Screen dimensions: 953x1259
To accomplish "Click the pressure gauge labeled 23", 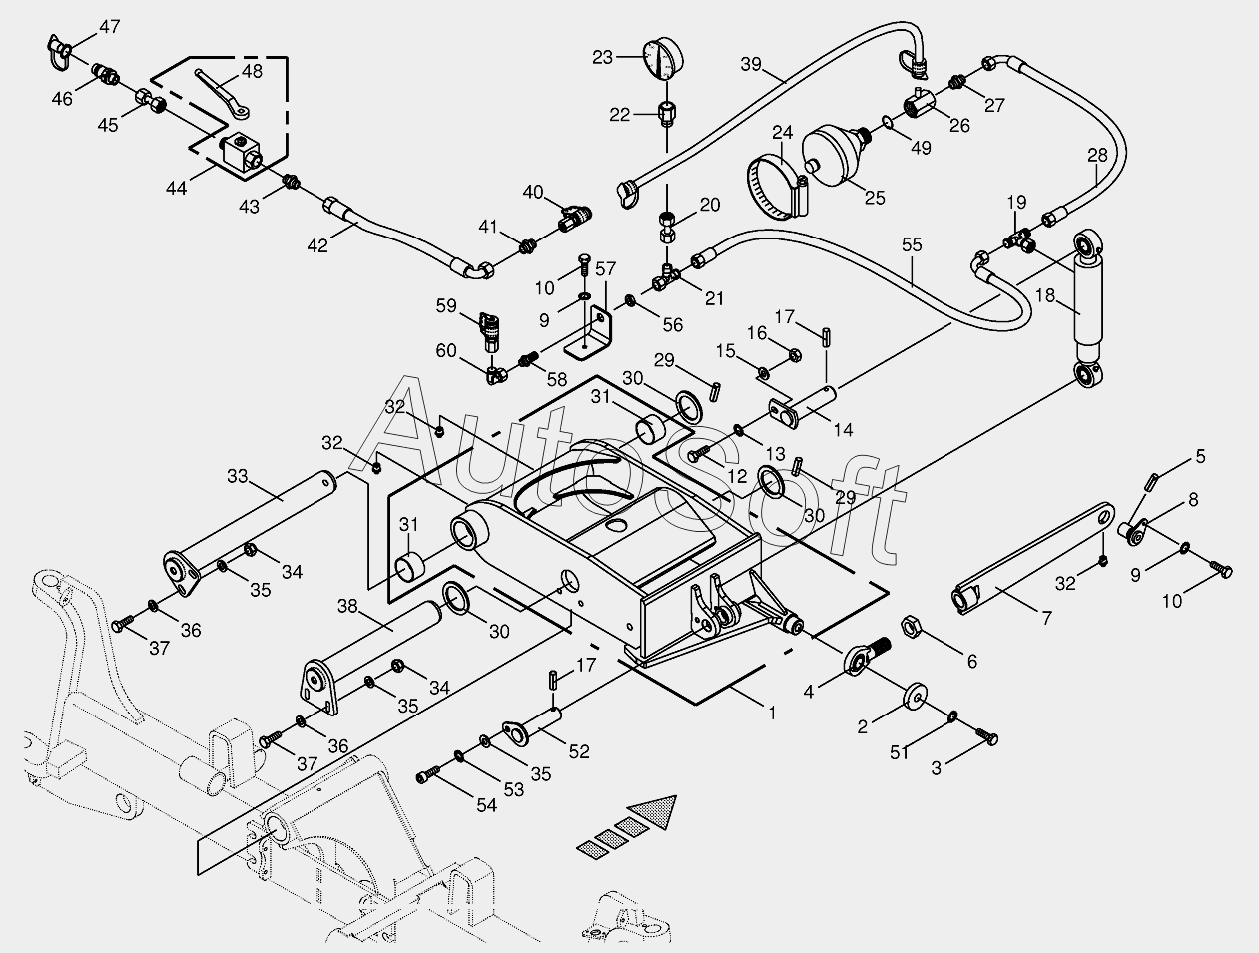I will tap(661, 59).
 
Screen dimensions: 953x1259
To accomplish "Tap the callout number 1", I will tap(771, 713).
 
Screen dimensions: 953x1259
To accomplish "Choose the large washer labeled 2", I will tap(915, 696).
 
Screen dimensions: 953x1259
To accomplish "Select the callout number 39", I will tap(751, 66).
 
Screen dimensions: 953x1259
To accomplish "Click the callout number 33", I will tap(237, 476).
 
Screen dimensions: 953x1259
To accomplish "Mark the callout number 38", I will tap(346, 605).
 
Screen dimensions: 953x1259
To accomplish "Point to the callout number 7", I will tap(1046, 619).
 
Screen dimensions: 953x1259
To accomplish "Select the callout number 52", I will tap(578, 753).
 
